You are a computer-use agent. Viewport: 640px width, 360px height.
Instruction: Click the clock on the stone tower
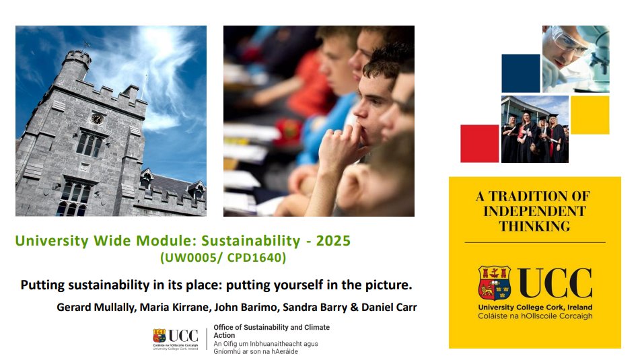(97, 119)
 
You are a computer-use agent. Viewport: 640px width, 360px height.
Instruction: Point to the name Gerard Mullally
(96, 308)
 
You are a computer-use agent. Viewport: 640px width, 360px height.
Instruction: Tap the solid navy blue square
(520, 73)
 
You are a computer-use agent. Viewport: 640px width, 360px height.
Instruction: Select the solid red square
(480, 144)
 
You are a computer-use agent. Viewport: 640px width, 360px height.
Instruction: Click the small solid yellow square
(590, 115)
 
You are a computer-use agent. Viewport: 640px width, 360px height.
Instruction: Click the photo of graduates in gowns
(535, 129)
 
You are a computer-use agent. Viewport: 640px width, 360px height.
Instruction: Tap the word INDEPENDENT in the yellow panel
(535, 211)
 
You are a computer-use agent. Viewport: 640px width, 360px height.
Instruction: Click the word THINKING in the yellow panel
(535, 226)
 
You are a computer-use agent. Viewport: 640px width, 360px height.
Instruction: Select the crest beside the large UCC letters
(495, 283)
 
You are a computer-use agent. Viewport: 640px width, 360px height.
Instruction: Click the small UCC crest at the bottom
(159, 336)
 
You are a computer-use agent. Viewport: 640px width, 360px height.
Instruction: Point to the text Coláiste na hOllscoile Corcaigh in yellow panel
(535, 316)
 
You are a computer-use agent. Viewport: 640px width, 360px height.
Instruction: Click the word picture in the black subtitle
(389, 285)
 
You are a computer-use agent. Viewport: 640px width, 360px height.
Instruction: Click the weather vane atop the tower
(85, 44)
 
